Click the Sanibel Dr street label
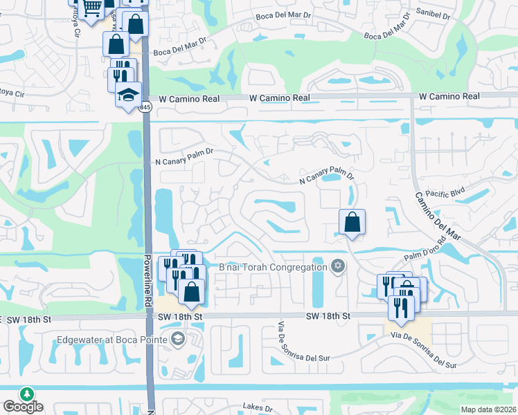(432, 15)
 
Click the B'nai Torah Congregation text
(273, 268)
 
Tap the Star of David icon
(338, 267)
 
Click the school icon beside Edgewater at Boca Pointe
(178, 338)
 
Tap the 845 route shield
(145, 107)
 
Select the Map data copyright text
(489, 409)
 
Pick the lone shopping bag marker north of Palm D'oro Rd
(352, 222)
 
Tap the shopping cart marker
(91, 8)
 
